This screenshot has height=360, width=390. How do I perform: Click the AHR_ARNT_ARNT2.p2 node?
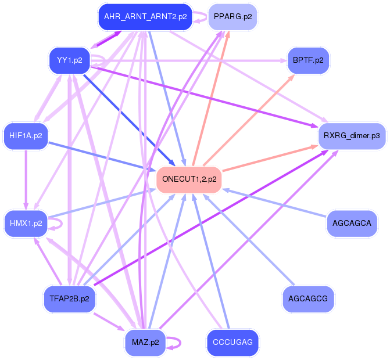click(x=145, y=17)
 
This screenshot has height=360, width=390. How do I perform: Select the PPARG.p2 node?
click(x=232, y=17)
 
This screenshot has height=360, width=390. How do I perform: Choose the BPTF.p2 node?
click(x=308, y=60)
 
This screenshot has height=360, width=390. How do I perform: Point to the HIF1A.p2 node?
click(x=25, y=136)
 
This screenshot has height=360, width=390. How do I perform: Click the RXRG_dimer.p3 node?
click(x=352, y=136)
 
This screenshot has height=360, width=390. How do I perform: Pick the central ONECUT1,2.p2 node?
click(x=189, y=179)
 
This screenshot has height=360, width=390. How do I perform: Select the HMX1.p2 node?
click(x=26, y=223)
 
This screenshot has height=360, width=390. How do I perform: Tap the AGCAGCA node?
click(x=352, y=223)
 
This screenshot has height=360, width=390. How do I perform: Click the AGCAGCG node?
click(x=308, y=299)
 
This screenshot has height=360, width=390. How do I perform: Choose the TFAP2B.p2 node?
click(x=69, y=299)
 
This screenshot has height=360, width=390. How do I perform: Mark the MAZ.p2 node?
click(x=145, y=342)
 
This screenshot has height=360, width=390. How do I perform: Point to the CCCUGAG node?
click(x=232, y=342)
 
